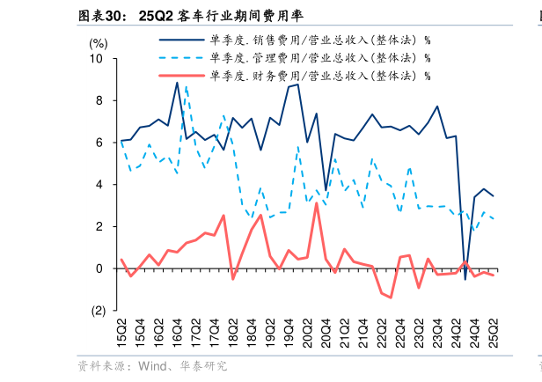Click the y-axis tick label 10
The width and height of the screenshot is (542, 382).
(x=97, y=59)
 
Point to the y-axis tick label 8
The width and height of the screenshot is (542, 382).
(x=99, y=100)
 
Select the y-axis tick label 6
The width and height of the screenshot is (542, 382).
(x=99, y=143)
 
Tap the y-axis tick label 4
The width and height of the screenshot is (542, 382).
(x=99, y=185)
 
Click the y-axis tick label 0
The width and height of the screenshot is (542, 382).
(x=99, y=268)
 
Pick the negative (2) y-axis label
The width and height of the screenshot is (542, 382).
(x=97, y=311)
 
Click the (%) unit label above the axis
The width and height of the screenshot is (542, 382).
(x=99, y=42)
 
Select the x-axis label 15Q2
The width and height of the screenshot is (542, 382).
(x=121, y=337)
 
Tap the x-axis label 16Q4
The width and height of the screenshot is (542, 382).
(x=178, y=337)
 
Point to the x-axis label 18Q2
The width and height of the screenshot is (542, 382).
(x=233, y=337)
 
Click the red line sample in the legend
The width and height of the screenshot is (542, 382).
(x=179, y=76)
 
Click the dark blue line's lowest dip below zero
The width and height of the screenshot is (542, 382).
(x=465, y=279)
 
